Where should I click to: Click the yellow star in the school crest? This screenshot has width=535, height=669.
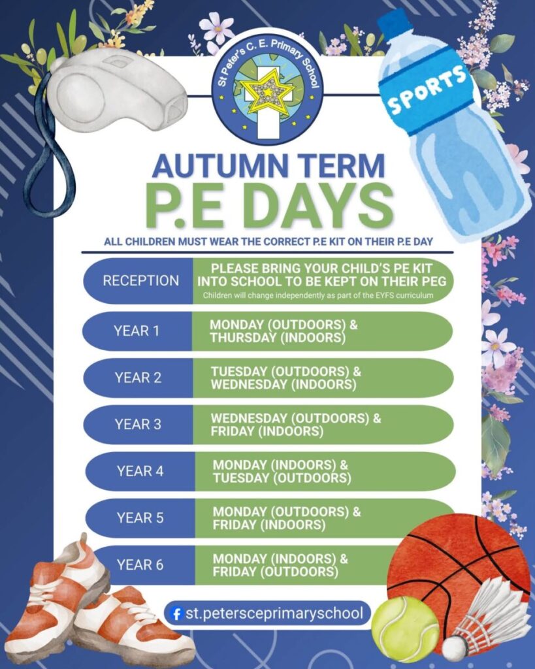pyautogui.click(x=268, y=91)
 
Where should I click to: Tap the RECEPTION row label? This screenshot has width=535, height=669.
pyautogui.click(x=141, y=281)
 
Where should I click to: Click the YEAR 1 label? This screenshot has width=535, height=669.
pyautogui.click(x=137, y=331)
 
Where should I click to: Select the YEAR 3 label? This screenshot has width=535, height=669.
pyautogui.click(x=138, y=425)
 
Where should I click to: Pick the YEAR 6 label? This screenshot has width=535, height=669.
pyautogui.click(x=140, y=565)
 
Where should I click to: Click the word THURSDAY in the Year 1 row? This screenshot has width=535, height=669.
pyautogui.click(x=243, y=338)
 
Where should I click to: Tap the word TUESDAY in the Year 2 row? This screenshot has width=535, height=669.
pyautogui.click(x=238, y=372)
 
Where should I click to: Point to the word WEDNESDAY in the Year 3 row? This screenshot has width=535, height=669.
pyautogui.click(x=249, y=418)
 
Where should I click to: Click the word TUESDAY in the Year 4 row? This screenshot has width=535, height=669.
pyautogui.click(x=240, y=478)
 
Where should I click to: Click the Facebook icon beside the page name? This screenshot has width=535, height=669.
pyautogui.click(x=175, y=614)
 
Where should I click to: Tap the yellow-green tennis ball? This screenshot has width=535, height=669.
pyautogui.click(x=405, y=629)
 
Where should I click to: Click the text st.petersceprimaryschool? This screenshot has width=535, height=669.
pyautogui.click(x=274, y=613)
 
